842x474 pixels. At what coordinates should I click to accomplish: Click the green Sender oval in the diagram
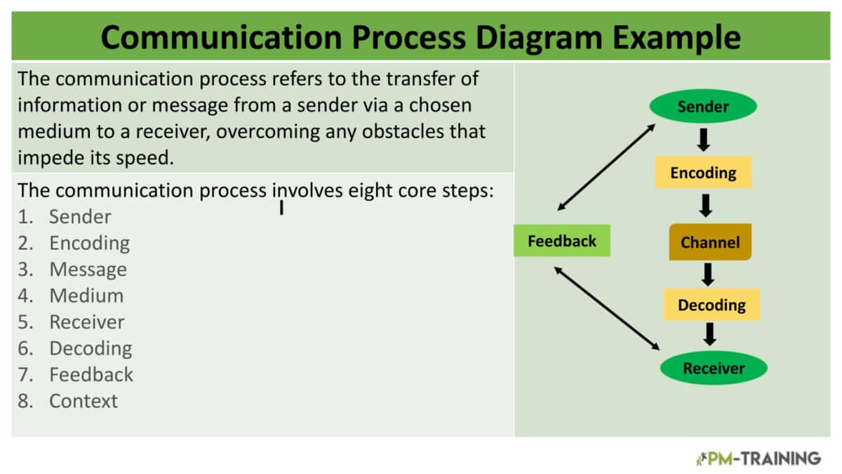point(703,107)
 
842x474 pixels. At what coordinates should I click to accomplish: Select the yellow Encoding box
point(703,173)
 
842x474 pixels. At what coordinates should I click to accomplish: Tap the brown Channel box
point(710,242)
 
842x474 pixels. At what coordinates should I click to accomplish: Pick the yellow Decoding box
point(711,305)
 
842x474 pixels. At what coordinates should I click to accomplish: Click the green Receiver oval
point(714,368)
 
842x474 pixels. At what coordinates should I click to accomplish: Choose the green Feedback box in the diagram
point(562,241)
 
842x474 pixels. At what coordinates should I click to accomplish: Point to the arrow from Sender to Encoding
point(704,139)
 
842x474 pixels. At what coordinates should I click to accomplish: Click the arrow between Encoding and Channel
point(706,205)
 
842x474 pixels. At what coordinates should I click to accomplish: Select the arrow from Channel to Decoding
point(708,274)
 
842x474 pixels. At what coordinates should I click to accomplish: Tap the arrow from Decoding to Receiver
point(710,334)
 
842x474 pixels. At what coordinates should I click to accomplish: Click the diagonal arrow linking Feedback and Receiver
point(608,308)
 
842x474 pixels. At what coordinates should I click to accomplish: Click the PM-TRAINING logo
point(758,459)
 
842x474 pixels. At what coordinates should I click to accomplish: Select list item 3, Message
point(88,270)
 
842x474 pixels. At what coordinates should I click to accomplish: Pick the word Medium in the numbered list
point(86,296)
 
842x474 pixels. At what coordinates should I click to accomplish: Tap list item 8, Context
point(83,401)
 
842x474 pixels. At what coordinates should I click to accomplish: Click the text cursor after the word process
point(281,208)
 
